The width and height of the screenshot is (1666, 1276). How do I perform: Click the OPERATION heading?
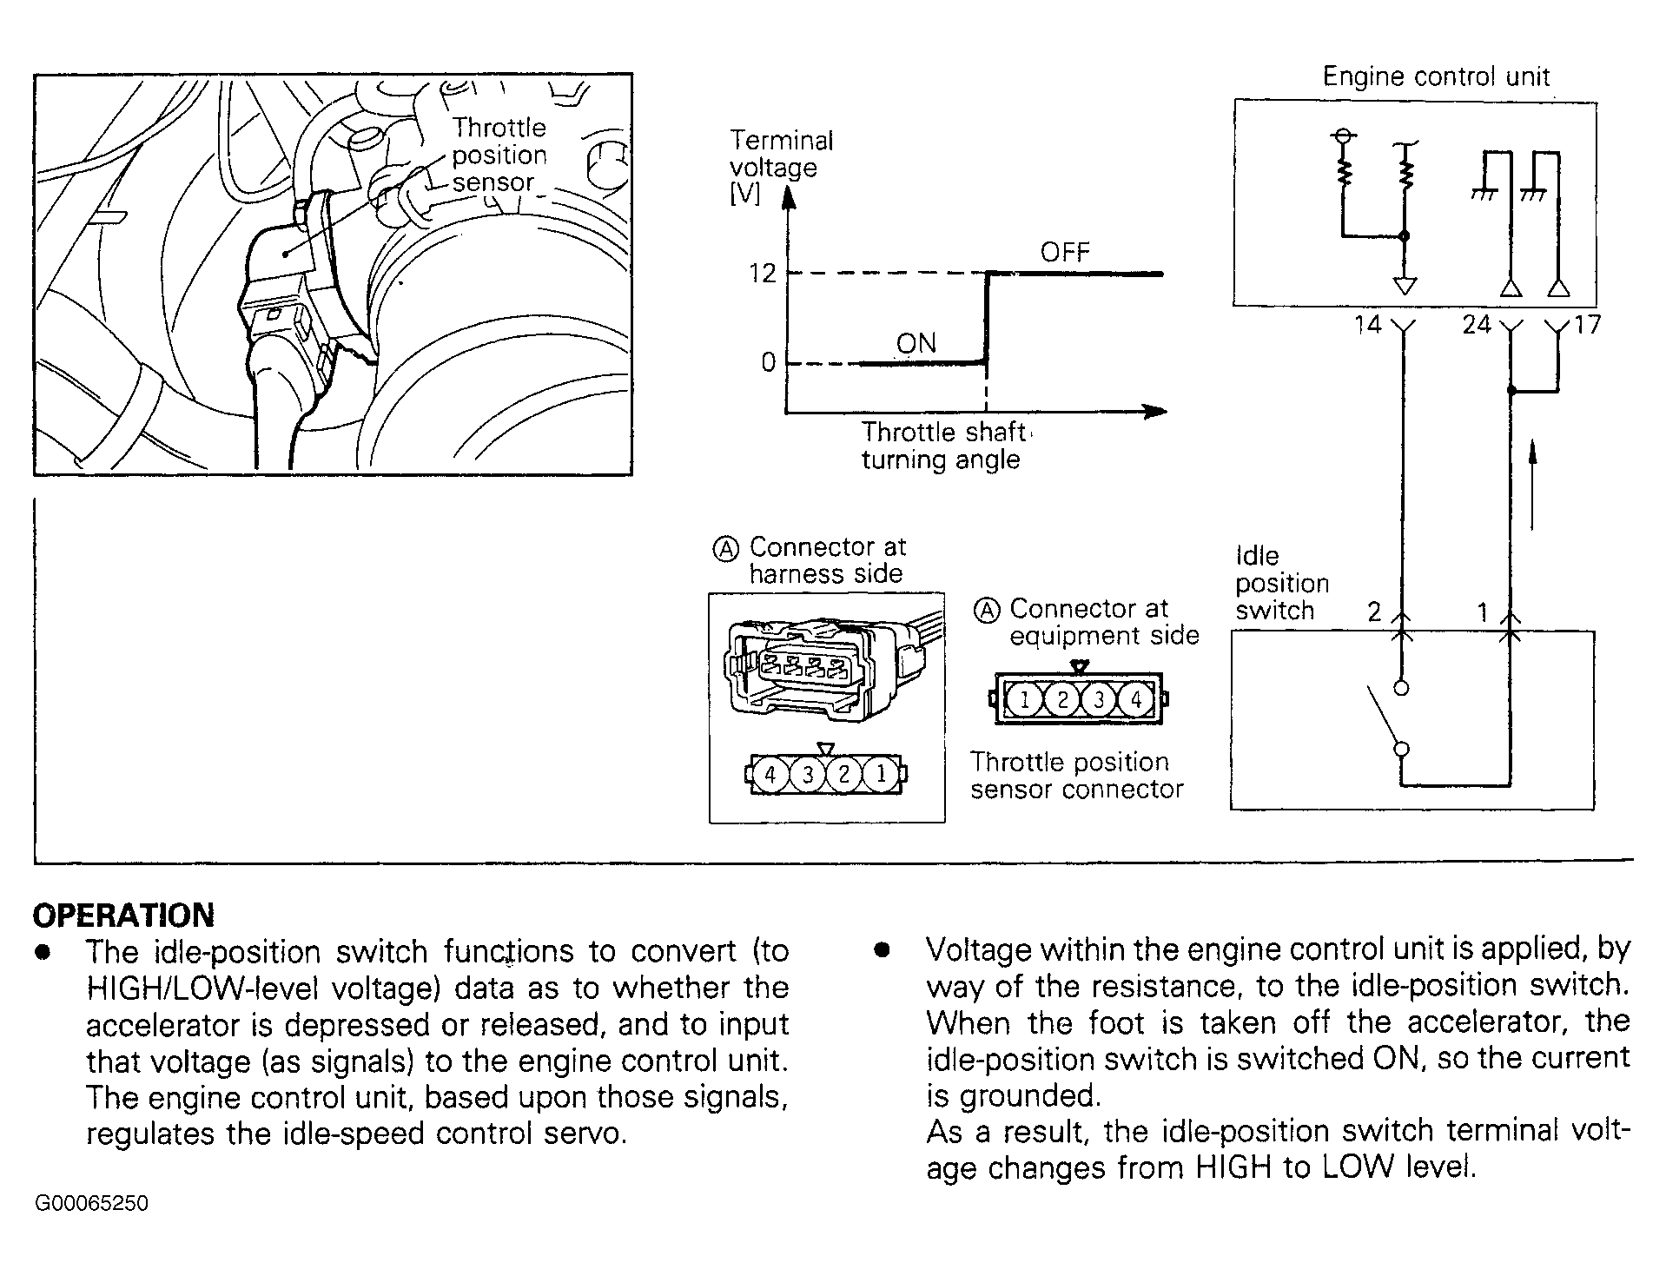pyautogui.click(x=123, y=915)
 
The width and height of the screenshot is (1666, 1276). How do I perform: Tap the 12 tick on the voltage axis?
pyautogui.click(x=763, y=274)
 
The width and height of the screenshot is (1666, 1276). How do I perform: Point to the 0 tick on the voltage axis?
pyautogui.click(x=768, y=362)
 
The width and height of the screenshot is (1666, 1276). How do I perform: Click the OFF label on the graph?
pyautogui.click(x=1064, y=253)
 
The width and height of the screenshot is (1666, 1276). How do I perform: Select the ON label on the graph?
pyautogui.click(x=916, y=343)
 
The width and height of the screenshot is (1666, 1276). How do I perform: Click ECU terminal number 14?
pyautogui.click(x=1367, y=326)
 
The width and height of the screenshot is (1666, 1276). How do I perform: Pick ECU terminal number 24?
pyautogui.click(x=1476, y=326)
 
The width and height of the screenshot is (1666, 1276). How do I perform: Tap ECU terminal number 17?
pyautogui.click(x=1587, y=326)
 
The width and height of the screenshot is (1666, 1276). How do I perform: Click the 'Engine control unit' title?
pyautogui.click(x=1436, y=77)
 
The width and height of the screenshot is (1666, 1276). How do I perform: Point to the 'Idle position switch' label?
pyautogui.click(x=1281, y=583)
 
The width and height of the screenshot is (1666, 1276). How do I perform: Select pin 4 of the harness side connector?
pyautogui.click(x=770, y=773)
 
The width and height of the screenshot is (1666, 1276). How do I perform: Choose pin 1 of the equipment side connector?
pyautogui.click(x=1025, y=699)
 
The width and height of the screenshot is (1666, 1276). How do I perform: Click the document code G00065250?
pyautogui.click(x=91, y=1203)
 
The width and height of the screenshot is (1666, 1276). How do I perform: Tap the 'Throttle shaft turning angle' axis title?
pyautogui.click(x=942, y=446)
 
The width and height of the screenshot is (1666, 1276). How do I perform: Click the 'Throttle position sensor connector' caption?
pyautogui.click(x=1076, y=776)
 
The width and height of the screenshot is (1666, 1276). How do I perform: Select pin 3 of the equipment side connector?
pyautogui.click(x=1099, y=699)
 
